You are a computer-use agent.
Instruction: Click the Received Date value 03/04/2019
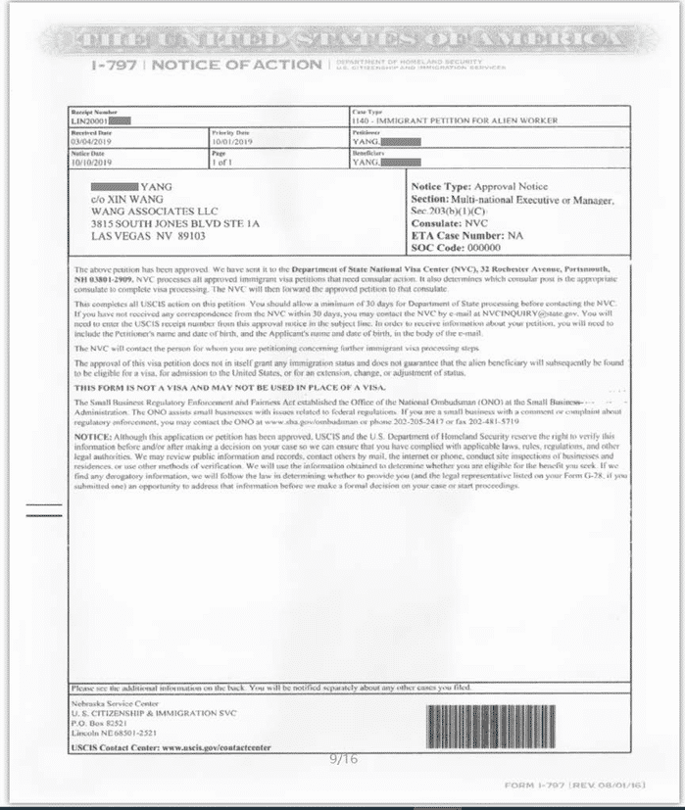coord(90,141)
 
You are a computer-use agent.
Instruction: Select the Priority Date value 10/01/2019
coord(230,141)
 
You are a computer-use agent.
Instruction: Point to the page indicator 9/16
coord(344,758)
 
